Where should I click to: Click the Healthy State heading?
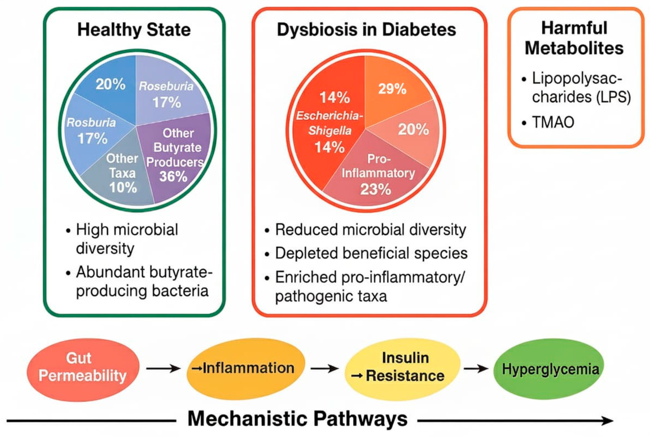click(134, 30)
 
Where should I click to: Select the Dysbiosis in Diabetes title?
click(366, 30)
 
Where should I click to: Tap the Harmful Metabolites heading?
click(574, 38)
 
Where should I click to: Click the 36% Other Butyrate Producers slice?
click(175, 156)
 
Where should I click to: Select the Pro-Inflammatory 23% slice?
click(377, 176)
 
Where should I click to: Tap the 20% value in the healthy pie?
click(110, 84)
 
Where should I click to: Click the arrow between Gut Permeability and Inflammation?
click(163, 369)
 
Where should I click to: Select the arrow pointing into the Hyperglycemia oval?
click(476, 369)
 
